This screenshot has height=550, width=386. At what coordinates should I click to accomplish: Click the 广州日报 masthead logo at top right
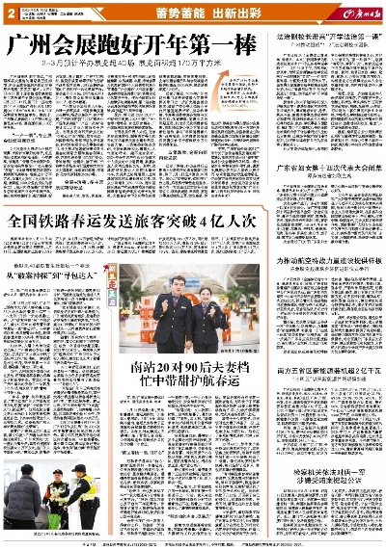(354, 12)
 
